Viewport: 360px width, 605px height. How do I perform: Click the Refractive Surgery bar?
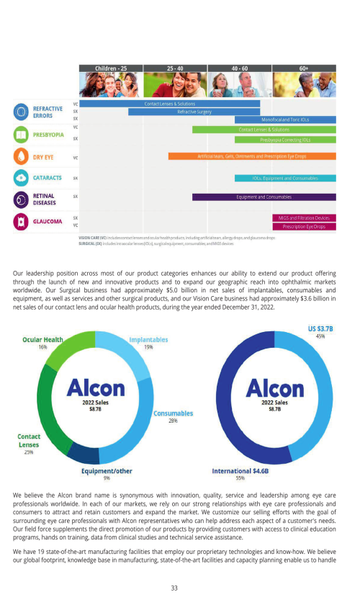coord(194,112)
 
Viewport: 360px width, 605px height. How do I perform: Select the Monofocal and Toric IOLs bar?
coord(285,120)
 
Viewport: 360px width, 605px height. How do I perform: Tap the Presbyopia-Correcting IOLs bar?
coord(285,140)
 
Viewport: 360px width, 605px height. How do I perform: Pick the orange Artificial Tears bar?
coord(252,156)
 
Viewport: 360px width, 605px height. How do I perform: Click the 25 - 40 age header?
coord(175,68)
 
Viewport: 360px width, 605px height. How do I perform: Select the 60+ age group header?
coord(304,68)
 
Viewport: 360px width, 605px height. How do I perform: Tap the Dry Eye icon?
coord(22,156)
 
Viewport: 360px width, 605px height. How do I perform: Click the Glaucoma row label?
coord(48,221)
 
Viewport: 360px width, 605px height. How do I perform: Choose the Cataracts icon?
coord(22,178)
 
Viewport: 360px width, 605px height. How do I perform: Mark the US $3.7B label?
coord(320,331)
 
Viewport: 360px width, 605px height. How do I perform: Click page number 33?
coord(174,588)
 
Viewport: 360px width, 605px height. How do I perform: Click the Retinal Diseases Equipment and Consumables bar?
coord(264,197)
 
